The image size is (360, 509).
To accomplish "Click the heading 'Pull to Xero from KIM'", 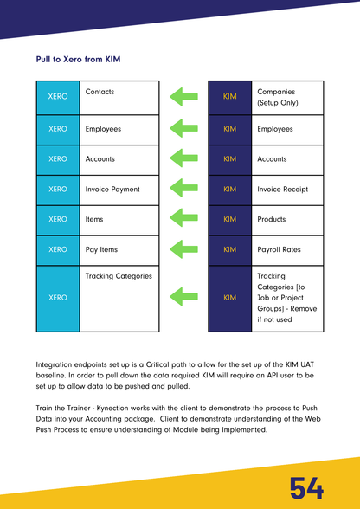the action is (x=78, y=61).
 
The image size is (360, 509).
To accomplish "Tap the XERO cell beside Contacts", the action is (x=58, y=97).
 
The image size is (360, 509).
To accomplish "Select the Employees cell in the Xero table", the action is (x=119, y=130).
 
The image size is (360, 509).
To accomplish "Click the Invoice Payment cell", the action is (x=119, y=190).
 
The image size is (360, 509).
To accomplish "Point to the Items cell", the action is (x=119, y=220).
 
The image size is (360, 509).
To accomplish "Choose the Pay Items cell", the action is (x=119, y=250).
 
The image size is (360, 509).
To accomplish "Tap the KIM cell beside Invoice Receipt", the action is (x=230, y=190).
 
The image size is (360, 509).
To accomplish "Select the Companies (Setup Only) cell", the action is (x=288, y=97).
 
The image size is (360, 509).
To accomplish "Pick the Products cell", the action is (x=288, y=220).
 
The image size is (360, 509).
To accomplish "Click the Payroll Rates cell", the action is (x=288, y=250).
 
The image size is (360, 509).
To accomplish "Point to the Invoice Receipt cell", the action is (x=288, y=190).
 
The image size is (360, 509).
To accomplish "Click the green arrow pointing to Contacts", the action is (x=183, y=97).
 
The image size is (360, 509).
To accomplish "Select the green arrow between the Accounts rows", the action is (x=183, y=159).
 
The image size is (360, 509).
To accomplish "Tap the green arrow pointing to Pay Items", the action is (x=183, y=250).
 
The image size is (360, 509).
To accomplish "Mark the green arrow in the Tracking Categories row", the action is (x=183, y=297).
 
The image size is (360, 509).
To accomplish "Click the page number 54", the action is (x=307, y=488).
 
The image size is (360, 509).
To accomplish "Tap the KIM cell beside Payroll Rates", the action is (x=230, y=250).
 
